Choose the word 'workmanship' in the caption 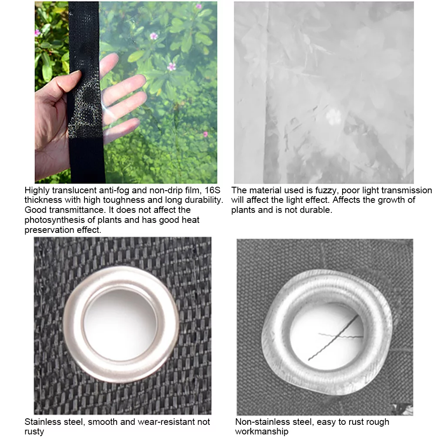click(262, 431)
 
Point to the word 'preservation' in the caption click(47, 230)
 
